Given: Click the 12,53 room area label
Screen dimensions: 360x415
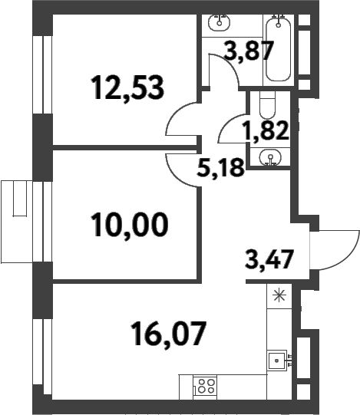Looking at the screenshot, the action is [x=127, y=88].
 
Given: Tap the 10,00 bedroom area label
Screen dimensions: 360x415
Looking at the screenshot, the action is [x=129, y=226].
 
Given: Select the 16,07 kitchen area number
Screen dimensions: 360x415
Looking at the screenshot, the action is [x=169, y=334].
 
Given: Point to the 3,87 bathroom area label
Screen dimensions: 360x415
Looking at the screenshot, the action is [x=249, y=51].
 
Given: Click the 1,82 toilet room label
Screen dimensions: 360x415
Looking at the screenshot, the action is [x=267, y=130].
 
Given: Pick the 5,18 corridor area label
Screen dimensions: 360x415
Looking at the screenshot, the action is [x=220, y=167].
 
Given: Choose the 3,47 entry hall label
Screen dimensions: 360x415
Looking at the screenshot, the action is [x=269, y=259].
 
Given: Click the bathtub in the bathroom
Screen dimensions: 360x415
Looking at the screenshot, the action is [x=278, y=48].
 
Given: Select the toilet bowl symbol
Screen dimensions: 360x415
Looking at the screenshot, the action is [x=268, y=105].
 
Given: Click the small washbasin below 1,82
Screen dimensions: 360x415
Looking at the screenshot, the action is [x=270, y=157].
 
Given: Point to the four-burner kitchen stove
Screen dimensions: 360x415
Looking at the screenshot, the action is [x=205, y=387].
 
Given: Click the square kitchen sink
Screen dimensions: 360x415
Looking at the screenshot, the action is [x=277, y=361].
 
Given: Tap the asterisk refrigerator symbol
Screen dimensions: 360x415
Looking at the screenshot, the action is [x=279, y=295].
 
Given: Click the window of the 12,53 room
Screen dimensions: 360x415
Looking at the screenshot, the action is [x=42, y=75].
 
